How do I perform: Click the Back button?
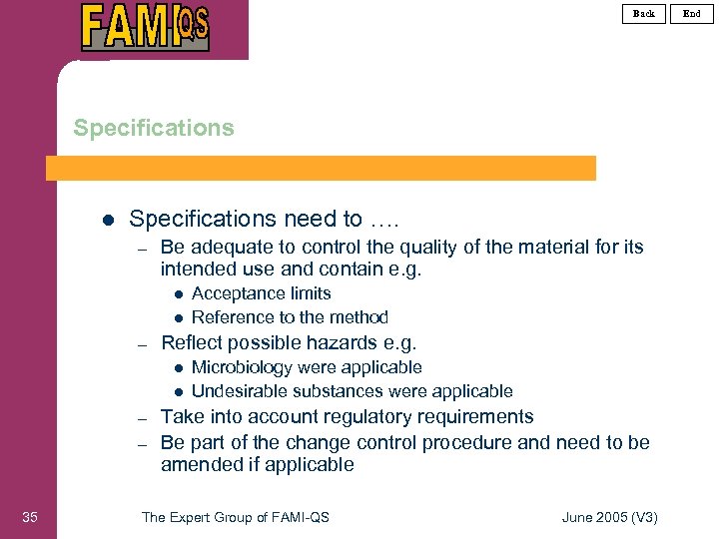644,13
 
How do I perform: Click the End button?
692,13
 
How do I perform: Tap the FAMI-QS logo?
146,27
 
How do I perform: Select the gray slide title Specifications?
154,128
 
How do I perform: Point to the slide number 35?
29,516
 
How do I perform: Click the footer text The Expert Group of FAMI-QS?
236,517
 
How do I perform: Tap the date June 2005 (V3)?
610,517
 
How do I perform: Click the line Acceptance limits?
261,293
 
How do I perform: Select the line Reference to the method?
290,317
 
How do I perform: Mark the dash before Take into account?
143,418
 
